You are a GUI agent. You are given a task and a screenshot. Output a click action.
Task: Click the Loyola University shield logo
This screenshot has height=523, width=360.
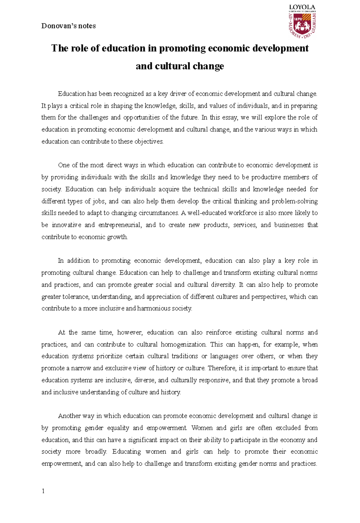[302, 25]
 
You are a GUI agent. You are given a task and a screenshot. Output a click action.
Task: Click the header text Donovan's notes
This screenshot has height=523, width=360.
[68, 26]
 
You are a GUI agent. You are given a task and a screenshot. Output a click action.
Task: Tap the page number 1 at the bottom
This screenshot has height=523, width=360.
[43, 491]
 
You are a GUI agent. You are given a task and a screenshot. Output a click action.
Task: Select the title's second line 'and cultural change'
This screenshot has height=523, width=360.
[180, 66]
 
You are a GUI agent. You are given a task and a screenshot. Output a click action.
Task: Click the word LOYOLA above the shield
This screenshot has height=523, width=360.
[302, 7]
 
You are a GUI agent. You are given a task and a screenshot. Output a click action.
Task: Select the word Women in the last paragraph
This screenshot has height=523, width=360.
[202, 428]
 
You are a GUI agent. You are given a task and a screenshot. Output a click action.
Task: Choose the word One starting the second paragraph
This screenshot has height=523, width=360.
[64, 165]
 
